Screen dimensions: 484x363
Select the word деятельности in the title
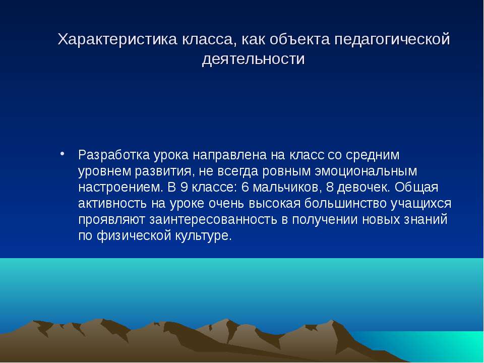click(x=254, y=59)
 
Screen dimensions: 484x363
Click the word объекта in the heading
click(x=299, y=39)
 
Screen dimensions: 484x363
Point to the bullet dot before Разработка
click(x=63, y=153)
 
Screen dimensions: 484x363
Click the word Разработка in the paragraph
click(x=114, y=155)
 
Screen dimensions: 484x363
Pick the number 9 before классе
click(x=184, y=188)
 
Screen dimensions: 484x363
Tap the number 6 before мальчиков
click(x=245, y=188)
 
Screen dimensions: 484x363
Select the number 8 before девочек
click(x=330, y=188)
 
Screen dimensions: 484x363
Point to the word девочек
click(x=364, y=188)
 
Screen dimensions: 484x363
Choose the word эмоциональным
click(x=366, y=171)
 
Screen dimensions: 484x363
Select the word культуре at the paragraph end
click(x=204, y=236)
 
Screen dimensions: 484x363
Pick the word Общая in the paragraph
click(x=416, y=188)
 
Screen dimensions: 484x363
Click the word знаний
click(x=428, y=220)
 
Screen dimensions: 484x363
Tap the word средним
click(x=373, y=155)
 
